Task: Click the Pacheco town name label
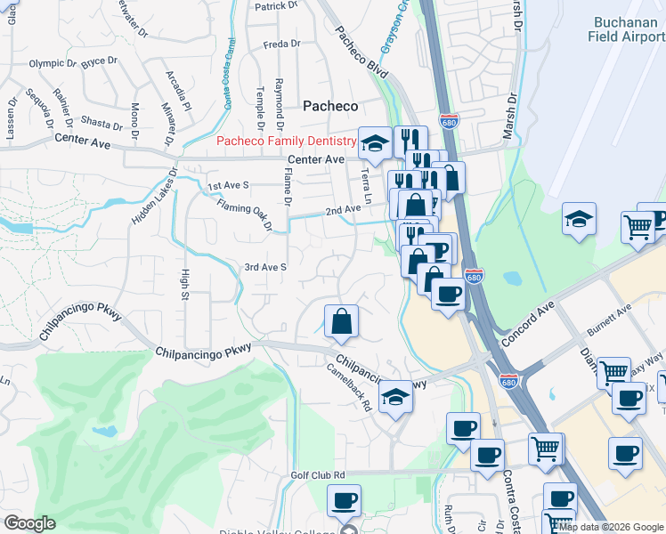click(330, 106)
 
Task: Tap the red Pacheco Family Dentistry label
click(287, 142)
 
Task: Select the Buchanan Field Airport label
click(626, 29)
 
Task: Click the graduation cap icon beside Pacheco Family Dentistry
click(376, 142)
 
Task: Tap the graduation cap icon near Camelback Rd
click(395, 396)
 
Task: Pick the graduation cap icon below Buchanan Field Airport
click(579, 219)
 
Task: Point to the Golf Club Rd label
click(317, 475)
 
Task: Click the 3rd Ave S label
click(265, 267)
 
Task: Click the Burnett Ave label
click(608, 320)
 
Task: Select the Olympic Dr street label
click(53, 63)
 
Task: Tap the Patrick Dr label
click(276, 6)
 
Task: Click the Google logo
click(30, 524)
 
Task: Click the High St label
click(185, 284)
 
